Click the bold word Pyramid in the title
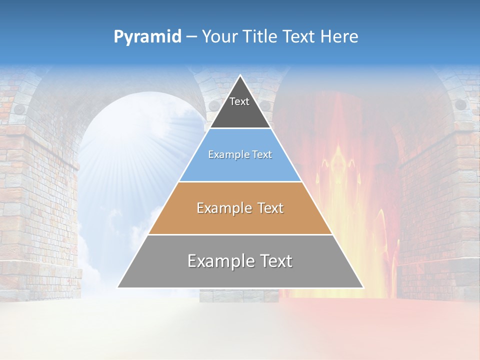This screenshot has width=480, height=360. (147, 37)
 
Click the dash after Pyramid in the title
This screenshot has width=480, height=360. (191, 37)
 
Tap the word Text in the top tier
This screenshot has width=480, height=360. (239, 101)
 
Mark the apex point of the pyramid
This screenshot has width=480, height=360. (240, 75)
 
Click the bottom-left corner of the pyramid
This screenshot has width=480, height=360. (118, 287)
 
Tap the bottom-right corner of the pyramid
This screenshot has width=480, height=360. (363, 287)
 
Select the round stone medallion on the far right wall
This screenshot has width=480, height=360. (460, 104)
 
